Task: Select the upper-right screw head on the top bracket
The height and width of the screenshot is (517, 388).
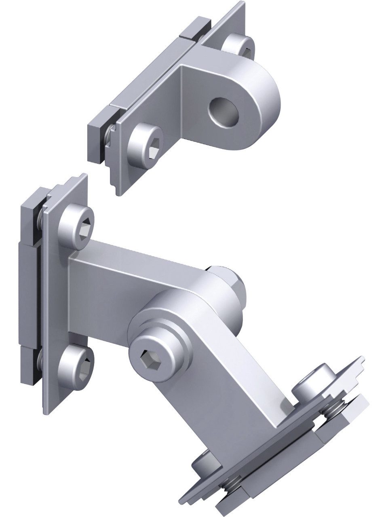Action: (x=239, y=45)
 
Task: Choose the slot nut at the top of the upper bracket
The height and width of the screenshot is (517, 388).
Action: (x=196, y=30)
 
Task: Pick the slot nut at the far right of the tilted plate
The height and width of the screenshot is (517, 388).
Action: (x=348, y=408)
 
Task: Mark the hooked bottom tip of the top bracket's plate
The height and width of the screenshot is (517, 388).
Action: (x=118, y=190)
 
